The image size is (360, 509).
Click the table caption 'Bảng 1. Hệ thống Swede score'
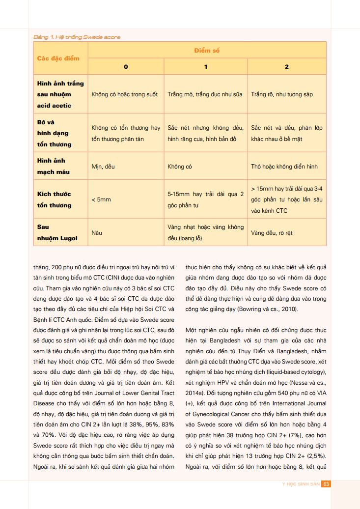click(x=77, y=37)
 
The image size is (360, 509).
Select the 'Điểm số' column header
click(x=206, y=51)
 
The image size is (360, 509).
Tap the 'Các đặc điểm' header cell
click(x=58, y=58)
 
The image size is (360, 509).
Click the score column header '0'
click(x=126, y=67)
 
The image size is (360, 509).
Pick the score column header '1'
click(x=206, y=67)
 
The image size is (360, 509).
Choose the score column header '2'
click(x=287, y=67)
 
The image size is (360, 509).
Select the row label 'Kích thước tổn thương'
click(x=54, y=199)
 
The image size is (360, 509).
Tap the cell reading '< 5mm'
click(x=101, y=200)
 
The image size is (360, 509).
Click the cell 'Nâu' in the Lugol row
click(x=97, y=233)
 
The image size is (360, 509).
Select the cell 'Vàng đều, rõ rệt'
click(x=272, y=233)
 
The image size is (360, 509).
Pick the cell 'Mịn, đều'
click(x=103, y=167)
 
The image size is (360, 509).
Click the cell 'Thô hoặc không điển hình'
click(x=284, y=167)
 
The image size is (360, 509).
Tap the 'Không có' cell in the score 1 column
click(x=179, y=167)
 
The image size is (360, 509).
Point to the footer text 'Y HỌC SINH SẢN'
click(x=301, y=484)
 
